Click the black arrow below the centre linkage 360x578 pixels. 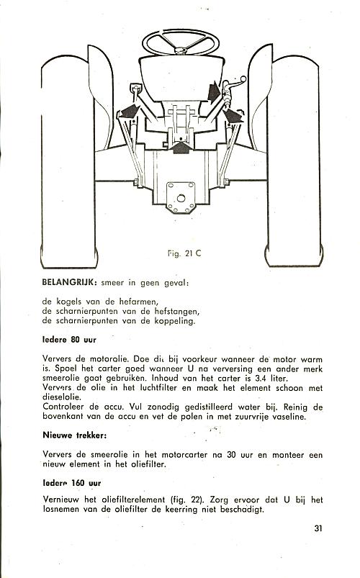pos(181,148)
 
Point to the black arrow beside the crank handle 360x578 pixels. pos(214,92)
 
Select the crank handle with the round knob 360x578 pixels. pos(233,86)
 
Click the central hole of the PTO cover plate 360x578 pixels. pos(181,199)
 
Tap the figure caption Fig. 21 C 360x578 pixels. pos(184,253)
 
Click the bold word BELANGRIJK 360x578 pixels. pos(69,283)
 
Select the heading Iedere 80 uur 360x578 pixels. pos(69,340)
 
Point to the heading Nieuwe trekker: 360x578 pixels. pos(74,435)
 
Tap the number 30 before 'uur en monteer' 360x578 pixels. pos(231,454)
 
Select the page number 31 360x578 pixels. pos(318,528)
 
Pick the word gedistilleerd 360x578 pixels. pos(208,407)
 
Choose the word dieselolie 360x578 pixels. pos(62,397)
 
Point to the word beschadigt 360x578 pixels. pos(242,510)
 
